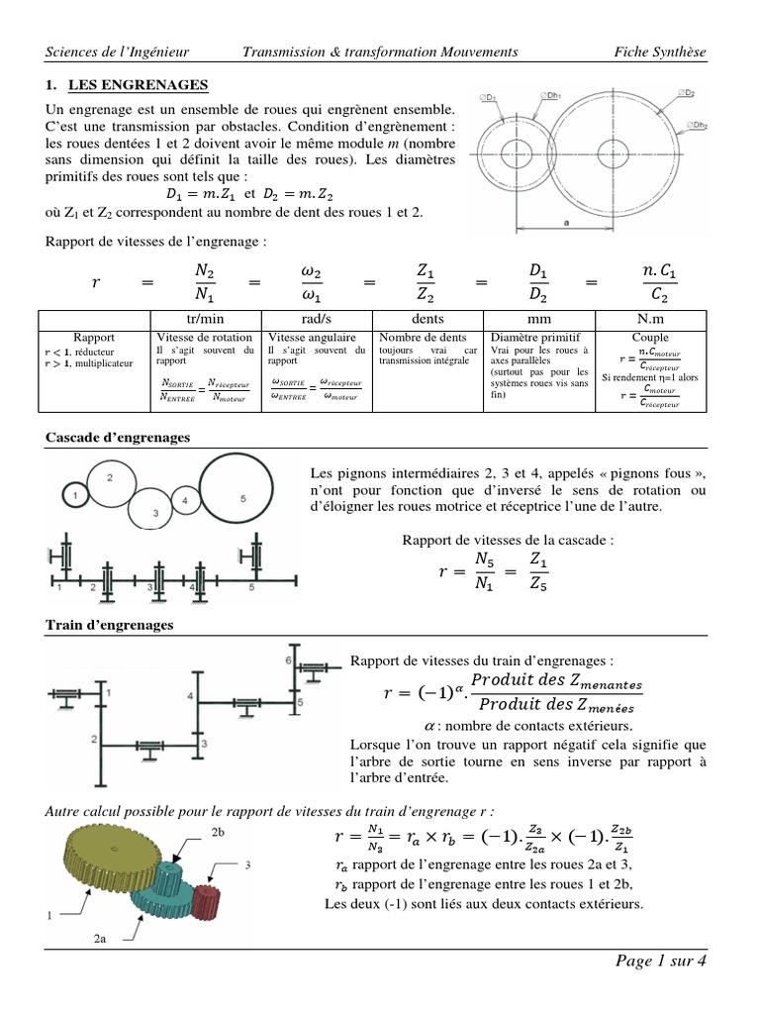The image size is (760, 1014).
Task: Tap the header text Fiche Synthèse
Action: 660,51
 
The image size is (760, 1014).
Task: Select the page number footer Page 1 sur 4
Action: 661,962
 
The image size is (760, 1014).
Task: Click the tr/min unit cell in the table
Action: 205,320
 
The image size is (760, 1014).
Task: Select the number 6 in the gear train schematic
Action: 287,659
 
